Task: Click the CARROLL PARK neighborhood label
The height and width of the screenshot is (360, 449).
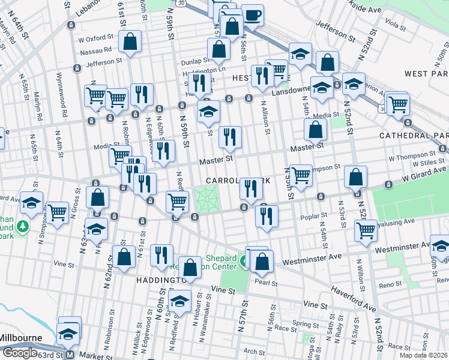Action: click(236, 180)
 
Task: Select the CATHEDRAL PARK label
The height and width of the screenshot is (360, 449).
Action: click(414, 136)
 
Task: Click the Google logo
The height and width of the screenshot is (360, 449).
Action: click(19, 353)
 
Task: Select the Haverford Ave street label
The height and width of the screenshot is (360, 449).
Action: click(354, 298)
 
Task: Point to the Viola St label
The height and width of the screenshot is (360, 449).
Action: click(395, 26)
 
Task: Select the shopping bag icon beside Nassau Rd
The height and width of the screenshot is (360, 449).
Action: click(130, 42)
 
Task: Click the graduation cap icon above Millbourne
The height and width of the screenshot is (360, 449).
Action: click(68, 332)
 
